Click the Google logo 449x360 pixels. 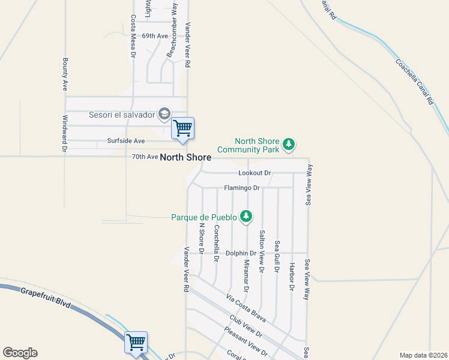tap(20, 353)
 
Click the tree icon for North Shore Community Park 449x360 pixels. tap(289, 144)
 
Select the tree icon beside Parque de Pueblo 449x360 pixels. tap(246, 216)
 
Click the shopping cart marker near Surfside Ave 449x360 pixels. tap(182, 128)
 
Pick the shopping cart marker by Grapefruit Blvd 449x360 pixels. tap(136, 343)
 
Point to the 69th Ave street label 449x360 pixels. tap(154, 36)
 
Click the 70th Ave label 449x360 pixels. tap(144, 157)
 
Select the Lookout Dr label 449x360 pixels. tap(255, 173)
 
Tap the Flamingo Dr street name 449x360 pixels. tap(241, 188)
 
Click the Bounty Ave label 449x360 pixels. tap(64, 74)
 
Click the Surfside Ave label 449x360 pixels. tap(126, 141)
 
